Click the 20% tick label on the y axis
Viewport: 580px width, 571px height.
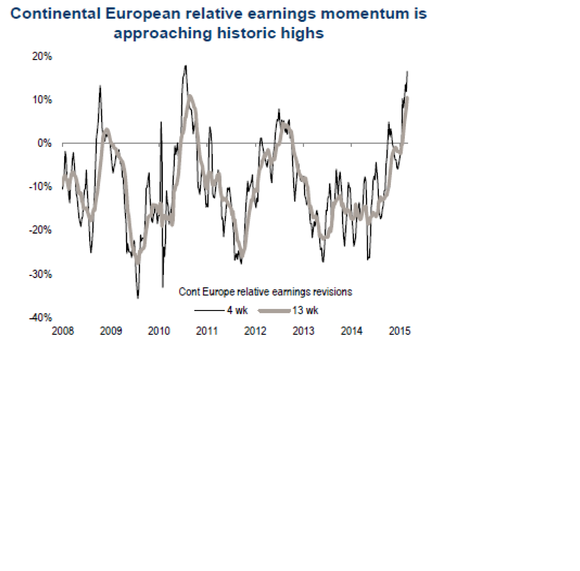(x=42, y=56)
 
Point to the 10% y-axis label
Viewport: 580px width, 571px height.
(x=42, y=100)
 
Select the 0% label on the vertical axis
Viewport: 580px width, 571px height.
(x=44, y=143)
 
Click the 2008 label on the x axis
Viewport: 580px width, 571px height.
(x=63, y=331)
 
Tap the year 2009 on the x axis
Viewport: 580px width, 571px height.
(x=111, y=331)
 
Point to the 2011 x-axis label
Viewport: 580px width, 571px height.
(x=207, y=331)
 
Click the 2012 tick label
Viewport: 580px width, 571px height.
(x=255, y=331)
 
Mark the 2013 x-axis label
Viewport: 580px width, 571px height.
(x=303, y=331)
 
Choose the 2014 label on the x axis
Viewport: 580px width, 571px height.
(x=351, y=331)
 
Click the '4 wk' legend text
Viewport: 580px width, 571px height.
(x=237, y=310)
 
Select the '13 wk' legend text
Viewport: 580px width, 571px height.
(x=305, y=310)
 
